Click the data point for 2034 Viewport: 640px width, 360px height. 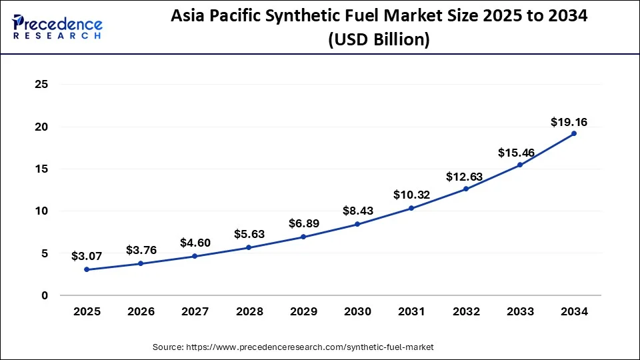pos(573,133)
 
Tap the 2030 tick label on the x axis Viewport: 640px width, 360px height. pos(357,311)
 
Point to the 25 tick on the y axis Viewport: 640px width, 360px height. pos(41,85)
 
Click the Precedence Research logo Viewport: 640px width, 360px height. pos(57,27)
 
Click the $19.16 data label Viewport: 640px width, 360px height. pos(569,122)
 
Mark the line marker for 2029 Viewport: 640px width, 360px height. pos(303,237)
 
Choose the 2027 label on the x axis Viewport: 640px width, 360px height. pos(195,311)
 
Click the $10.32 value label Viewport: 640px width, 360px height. pos(411,195)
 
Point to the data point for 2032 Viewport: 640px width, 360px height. pos(465,189)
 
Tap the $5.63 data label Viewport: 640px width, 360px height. pos(249,234)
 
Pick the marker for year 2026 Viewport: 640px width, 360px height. pos(141,263)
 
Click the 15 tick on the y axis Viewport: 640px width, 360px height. pos(41,169)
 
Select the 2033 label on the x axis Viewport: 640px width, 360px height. pos(519,311)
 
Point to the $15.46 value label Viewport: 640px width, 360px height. pos(516,153)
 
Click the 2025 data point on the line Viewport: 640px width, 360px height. pos(87,269)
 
